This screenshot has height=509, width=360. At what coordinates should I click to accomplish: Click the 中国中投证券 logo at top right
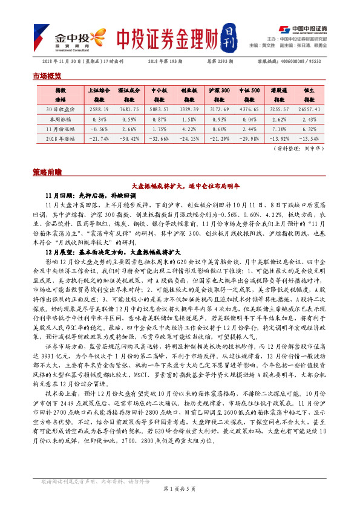[303, 29]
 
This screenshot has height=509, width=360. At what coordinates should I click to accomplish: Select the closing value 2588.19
[98, 109]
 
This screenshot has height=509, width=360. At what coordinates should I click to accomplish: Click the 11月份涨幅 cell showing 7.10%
[279, 128]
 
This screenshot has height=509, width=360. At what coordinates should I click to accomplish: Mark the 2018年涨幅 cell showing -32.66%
[159, 138]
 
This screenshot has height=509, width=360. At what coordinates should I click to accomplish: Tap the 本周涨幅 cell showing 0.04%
[98, 119]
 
